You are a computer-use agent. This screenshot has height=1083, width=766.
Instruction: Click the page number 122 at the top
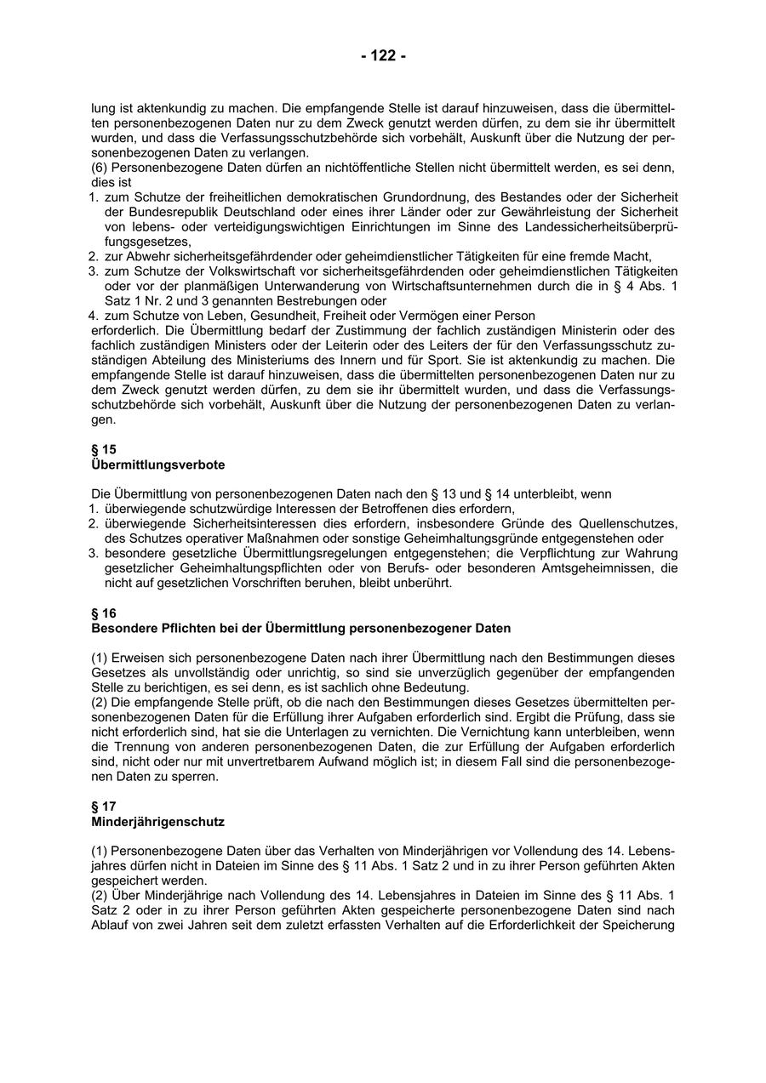tap(383, 56)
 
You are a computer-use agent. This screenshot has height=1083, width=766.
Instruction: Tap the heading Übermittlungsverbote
tap(157, 465)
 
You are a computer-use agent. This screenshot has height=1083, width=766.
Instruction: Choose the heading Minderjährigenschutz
tap(157, 822)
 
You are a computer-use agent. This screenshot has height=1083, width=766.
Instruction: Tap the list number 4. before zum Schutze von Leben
tap(95, 316)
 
